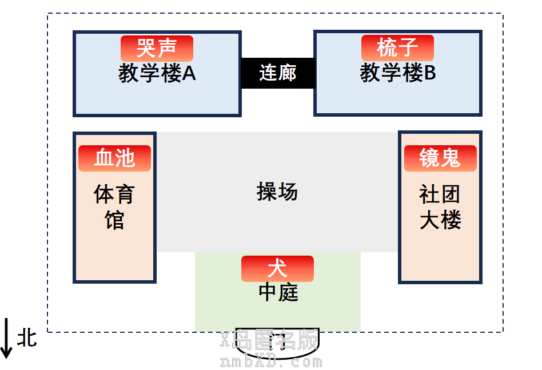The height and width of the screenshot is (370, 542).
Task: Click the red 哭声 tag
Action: tap(157, 48)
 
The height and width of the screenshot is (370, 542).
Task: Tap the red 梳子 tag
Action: tap(397, 48)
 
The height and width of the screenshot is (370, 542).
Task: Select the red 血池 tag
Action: tap(114, 158)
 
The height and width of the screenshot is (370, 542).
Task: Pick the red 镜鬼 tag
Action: tap(440, 158)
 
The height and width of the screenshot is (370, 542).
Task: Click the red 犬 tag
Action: tap(277, 269)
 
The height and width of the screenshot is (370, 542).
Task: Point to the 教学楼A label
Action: tap(157, 74)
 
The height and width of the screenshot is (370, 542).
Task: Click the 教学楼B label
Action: tap(398, 74)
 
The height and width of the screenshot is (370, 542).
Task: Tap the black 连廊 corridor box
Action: tap(278, 73)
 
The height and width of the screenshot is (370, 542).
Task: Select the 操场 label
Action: tap(277, 192)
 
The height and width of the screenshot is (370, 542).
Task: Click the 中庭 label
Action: tap(278, 293)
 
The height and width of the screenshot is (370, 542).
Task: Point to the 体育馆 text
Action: tap(114, 207)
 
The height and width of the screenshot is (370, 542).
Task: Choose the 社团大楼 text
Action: tap(440, 207)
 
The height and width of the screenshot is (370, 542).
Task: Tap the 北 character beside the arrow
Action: tap(27, 337)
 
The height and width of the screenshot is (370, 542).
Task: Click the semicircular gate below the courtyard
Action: tap(278, 344)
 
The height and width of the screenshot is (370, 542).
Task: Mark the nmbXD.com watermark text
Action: tap(271, 362)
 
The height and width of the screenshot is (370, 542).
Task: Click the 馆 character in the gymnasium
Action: tap(114, 220)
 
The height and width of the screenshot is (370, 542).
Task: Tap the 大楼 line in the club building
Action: tap(440, 221)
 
